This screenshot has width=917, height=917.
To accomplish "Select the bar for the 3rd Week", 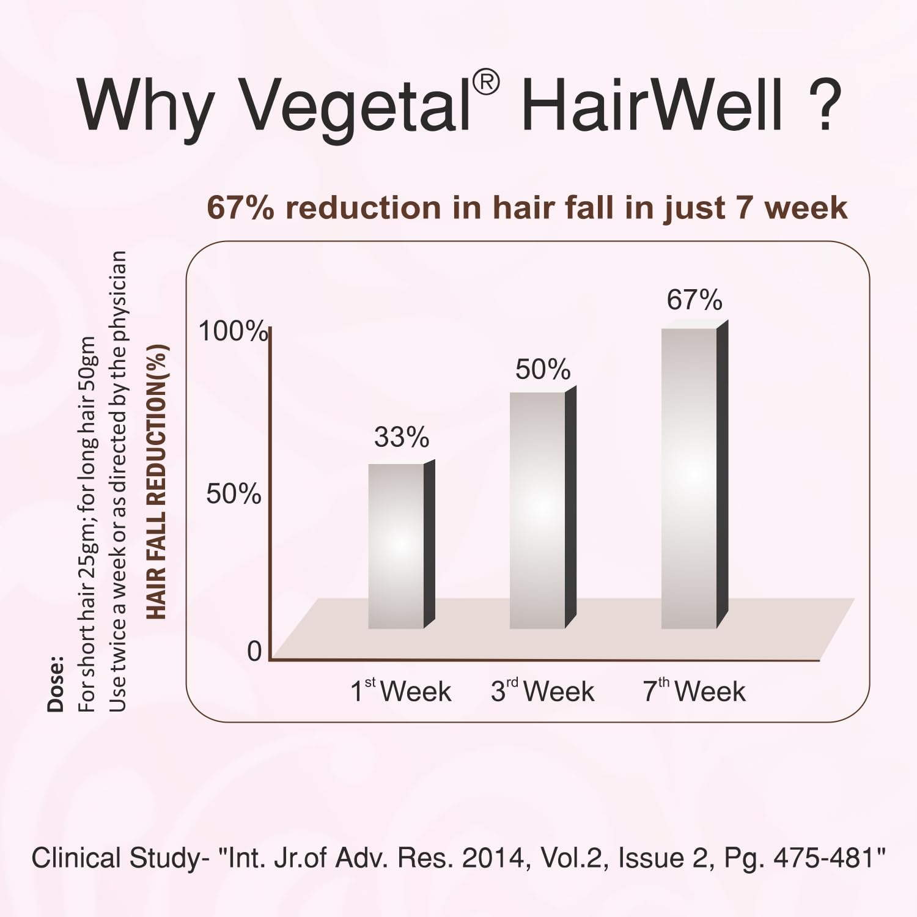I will point(537,510).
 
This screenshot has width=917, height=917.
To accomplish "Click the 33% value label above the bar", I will point(402,438).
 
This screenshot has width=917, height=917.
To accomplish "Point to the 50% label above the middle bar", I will point(543,370).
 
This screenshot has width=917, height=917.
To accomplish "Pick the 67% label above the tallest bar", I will point(694,300).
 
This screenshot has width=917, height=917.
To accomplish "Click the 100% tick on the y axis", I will point(233,331).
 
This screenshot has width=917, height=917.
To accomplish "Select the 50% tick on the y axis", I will point(234,494).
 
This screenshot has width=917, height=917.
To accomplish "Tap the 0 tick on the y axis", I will point(254,652).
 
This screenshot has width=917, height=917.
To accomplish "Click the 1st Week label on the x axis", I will point(401,691).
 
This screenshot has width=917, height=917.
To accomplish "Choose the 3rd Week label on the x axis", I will point(543,691).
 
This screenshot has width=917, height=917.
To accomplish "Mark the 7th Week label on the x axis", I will point(694,691).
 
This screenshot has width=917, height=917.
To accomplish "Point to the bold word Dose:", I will point(56,684).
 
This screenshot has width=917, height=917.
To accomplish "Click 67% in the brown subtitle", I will point(241,208).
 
